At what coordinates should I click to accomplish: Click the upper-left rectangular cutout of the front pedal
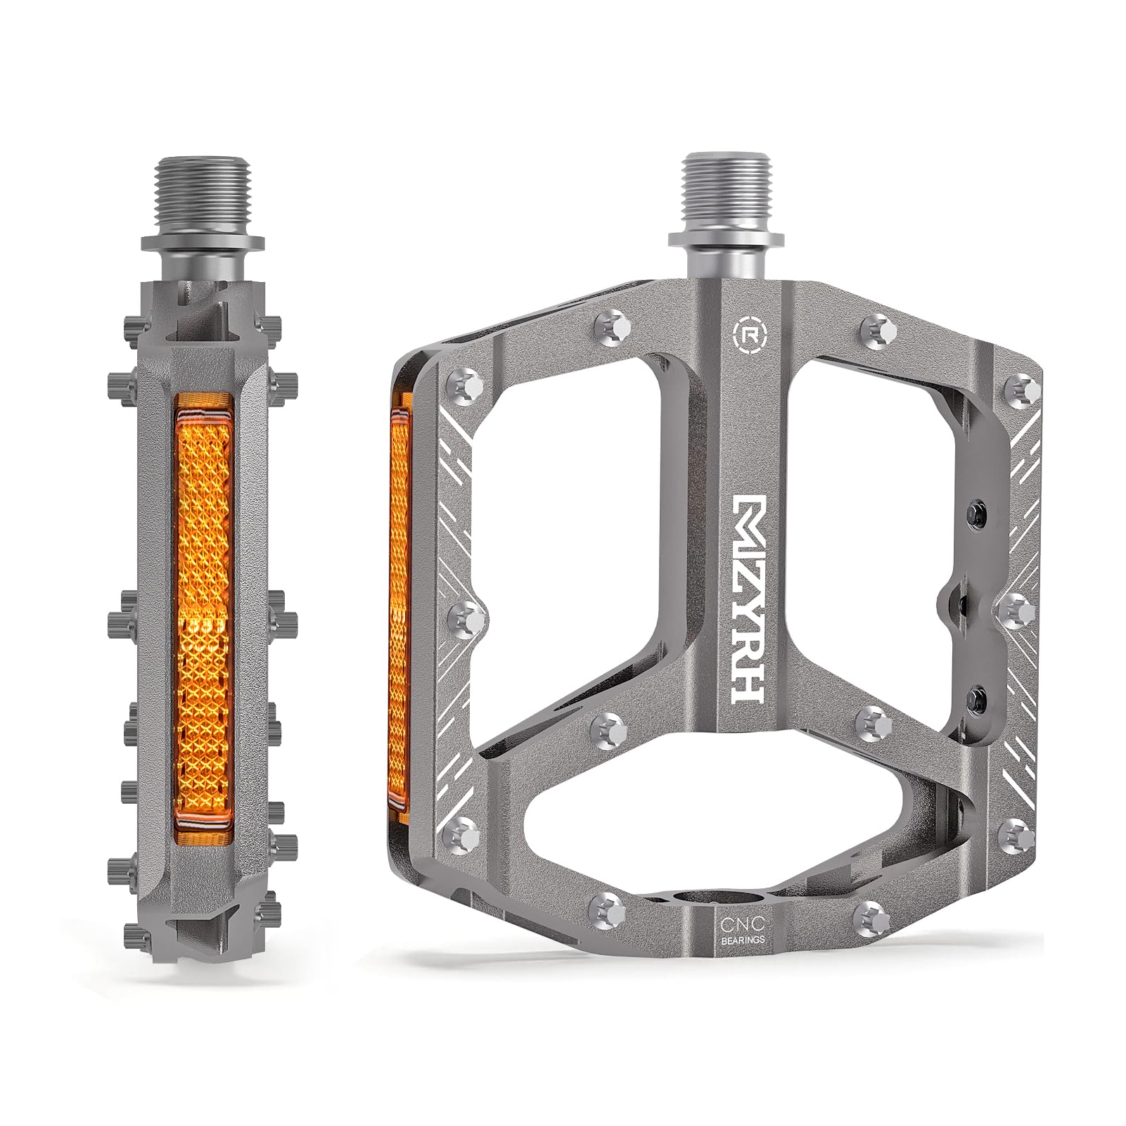point(566,492)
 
